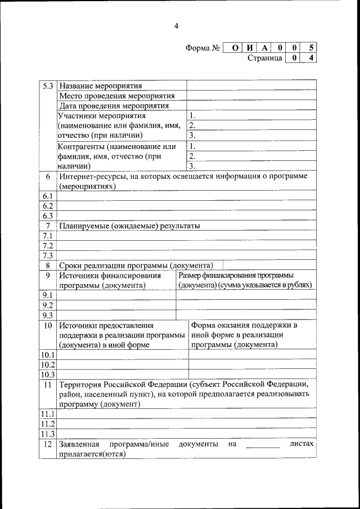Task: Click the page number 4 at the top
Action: [176, 26]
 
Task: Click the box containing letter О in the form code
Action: [234, 48]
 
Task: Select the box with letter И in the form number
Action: [250, 48]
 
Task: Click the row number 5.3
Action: [48, 86]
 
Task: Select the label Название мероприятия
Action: [100, 86]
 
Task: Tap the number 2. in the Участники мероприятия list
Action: [192, 125]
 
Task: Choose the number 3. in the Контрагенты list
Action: [192, 166]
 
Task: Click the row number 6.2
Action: [48, 206]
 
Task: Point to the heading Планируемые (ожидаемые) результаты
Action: [129, 226]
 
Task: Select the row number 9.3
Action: [48, 315]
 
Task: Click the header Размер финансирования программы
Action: [236, 276]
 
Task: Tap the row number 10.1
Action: [48, 355]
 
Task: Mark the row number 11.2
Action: [48, 424]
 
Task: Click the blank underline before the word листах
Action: [263, 447]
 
